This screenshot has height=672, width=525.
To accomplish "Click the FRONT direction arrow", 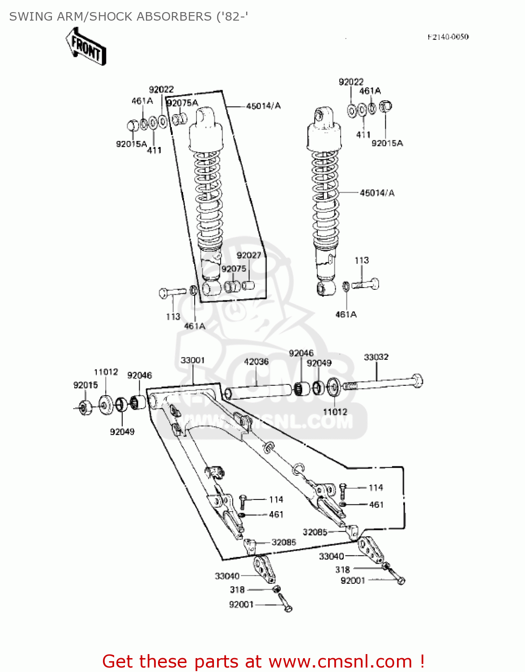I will pyautogui.click(x=86, y=47).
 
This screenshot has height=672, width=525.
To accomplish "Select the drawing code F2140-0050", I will pyautogui.click(x=448, y=37).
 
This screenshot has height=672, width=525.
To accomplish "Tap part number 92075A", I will pyautogui.click(x=182, y=103).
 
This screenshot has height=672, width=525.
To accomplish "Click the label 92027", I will pyautogui.click(x=249, y=255).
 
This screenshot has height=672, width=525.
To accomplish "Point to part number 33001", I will pyautogui.click(x=192, y=360).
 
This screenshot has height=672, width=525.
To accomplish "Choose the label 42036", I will pyautogui.click(x=256, y=362).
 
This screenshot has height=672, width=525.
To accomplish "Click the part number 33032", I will pyautogui.click(x=376, y=357).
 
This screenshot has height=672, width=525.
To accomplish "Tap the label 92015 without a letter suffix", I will pyautogui.click(x=85, y=385).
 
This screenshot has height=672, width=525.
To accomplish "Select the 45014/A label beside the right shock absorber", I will pyautogui.click(x=377, y=193).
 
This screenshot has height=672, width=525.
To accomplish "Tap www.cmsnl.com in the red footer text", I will pyautogui.click(x=340, y=662).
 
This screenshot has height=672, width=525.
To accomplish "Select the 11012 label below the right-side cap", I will pyautogui.click(x=335, y=412).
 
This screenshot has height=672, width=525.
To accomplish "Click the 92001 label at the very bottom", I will pyautogui.click(x=241, y=605).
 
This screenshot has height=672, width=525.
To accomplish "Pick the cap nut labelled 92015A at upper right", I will pyautogui.click(x=385, y=107).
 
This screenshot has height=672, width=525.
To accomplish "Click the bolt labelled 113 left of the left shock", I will pyautogui.click(x=172, y=292).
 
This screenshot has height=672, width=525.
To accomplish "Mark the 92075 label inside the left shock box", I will pyautogui.click(x=234, y=269).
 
